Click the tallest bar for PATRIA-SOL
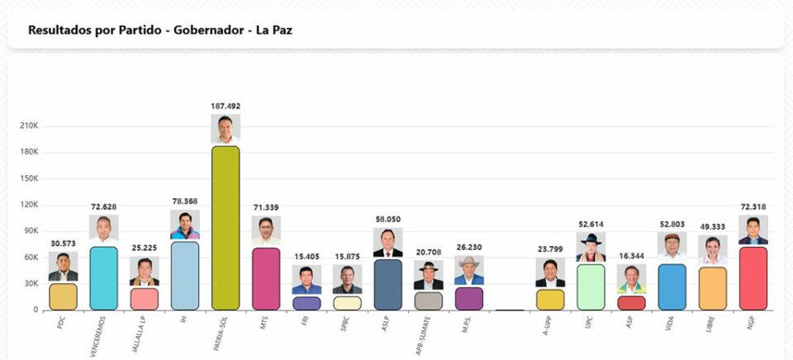226,228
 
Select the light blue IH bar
185,275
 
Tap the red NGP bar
753,278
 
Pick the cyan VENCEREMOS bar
103,278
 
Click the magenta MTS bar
266,278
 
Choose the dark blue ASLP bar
387,284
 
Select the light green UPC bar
591,287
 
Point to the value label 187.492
226,106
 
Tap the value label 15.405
306,257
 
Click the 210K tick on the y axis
29,126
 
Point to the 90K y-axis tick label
29,231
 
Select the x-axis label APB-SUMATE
425,336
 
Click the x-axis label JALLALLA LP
140,336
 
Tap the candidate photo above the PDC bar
63,267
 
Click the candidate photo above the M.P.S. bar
468,271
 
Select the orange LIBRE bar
712,288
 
